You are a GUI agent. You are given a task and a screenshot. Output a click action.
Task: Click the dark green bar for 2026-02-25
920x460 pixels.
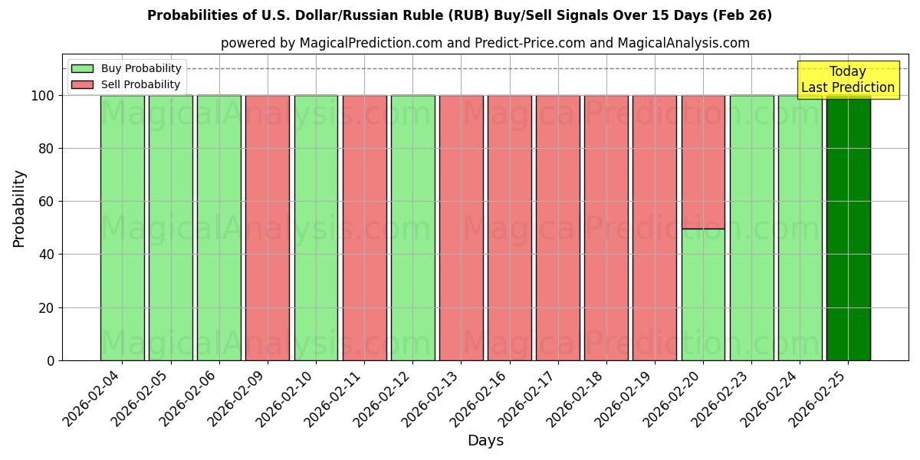click(x=848, y=228)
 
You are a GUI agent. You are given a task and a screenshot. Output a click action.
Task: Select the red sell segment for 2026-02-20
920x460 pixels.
click(x=703, y=162)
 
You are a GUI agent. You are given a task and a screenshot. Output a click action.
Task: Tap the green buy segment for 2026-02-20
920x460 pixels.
click(x=703, y=294)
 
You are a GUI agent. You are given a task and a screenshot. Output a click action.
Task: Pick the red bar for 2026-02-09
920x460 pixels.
click(x=268, y=228)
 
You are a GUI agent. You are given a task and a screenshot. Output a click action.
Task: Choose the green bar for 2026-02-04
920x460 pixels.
click(x=122, y=228)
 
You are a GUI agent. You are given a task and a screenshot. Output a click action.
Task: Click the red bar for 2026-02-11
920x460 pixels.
click(x=364, y=228)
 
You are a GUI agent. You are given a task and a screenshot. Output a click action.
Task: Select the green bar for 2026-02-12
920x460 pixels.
click(x=412, y=228)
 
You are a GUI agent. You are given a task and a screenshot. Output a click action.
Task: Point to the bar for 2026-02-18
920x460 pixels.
click(x=606, y=228)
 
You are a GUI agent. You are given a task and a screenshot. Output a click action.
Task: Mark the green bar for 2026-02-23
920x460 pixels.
click(x=751, y=228)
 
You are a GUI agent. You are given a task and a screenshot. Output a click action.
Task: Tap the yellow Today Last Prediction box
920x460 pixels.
click(x=848, y=80)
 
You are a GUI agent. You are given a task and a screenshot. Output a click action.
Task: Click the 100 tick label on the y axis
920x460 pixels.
click(x=43, y=96)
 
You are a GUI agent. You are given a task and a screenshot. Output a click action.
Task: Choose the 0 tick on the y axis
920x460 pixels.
click(x=51, y=360)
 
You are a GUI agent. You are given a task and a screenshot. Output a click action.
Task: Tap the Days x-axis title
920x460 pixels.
click(x=485, y=441)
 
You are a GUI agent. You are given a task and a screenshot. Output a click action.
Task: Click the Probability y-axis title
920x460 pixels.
click(x=19, y=208)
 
